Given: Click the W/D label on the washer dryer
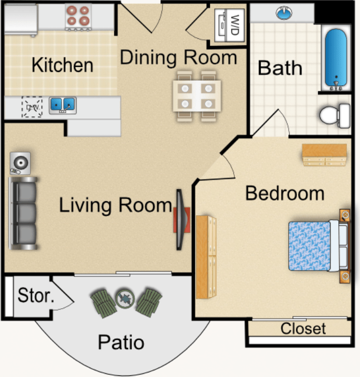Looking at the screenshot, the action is [235, 25].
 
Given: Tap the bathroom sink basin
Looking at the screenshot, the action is [284, 13].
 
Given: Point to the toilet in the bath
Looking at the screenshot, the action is [335, 116].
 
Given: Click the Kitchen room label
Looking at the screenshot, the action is [63, 65].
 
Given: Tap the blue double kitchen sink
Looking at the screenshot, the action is [63, 105].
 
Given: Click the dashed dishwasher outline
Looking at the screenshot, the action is [32, 107].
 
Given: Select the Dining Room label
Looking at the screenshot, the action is [178, 57].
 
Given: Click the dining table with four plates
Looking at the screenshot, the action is [197, 96].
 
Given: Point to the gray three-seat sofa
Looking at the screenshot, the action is [23, 213].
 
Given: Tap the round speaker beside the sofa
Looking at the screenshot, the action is [20, 163].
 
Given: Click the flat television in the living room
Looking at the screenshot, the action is [182, 219].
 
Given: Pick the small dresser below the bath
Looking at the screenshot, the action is [324, 155].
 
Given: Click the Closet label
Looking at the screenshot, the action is [303, 328].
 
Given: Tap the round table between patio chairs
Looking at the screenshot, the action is [125, 298].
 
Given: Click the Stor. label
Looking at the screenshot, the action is [36, 295].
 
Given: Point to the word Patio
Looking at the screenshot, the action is [121, 342].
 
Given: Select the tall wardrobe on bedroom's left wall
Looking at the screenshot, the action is [206, 257].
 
